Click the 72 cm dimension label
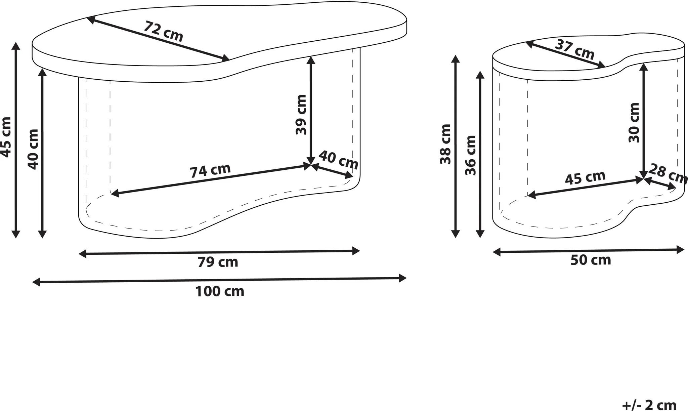(164, 31)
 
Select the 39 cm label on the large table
(301, 115)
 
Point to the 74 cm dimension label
(210, 171)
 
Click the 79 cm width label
(218, 262)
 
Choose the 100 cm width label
(220, 291)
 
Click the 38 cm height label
(445, 144)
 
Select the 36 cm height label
(471, 155)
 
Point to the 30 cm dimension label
(634, 123)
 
